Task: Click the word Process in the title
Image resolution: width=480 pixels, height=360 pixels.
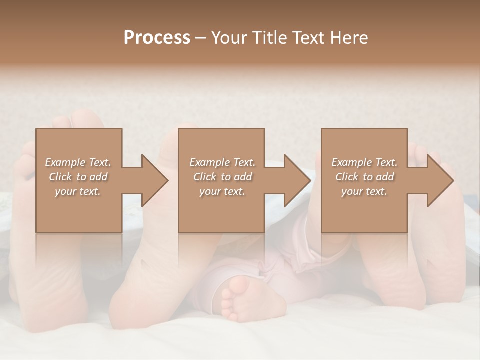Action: pos(157,38)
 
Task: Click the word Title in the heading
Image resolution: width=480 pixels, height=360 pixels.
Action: pos(267,38)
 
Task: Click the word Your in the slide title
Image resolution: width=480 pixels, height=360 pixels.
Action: pos(228,38)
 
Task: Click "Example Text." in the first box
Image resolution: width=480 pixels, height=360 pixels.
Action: pos(78,162)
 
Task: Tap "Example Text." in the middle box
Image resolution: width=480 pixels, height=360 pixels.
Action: pos(222,162)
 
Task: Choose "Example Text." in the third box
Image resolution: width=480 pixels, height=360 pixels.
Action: pos(364,162)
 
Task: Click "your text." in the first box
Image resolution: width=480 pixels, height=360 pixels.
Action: pos(78,191)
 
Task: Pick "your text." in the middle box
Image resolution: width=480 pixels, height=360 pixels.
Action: pos(222,191)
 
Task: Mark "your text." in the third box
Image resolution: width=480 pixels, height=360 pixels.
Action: pos(364,191)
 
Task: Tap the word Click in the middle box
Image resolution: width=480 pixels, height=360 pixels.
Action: pos(204,177)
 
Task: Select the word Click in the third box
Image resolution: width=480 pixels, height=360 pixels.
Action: pos(347,177)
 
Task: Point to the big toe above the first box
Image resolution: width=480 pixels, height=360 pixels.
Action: pos(87,120)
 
